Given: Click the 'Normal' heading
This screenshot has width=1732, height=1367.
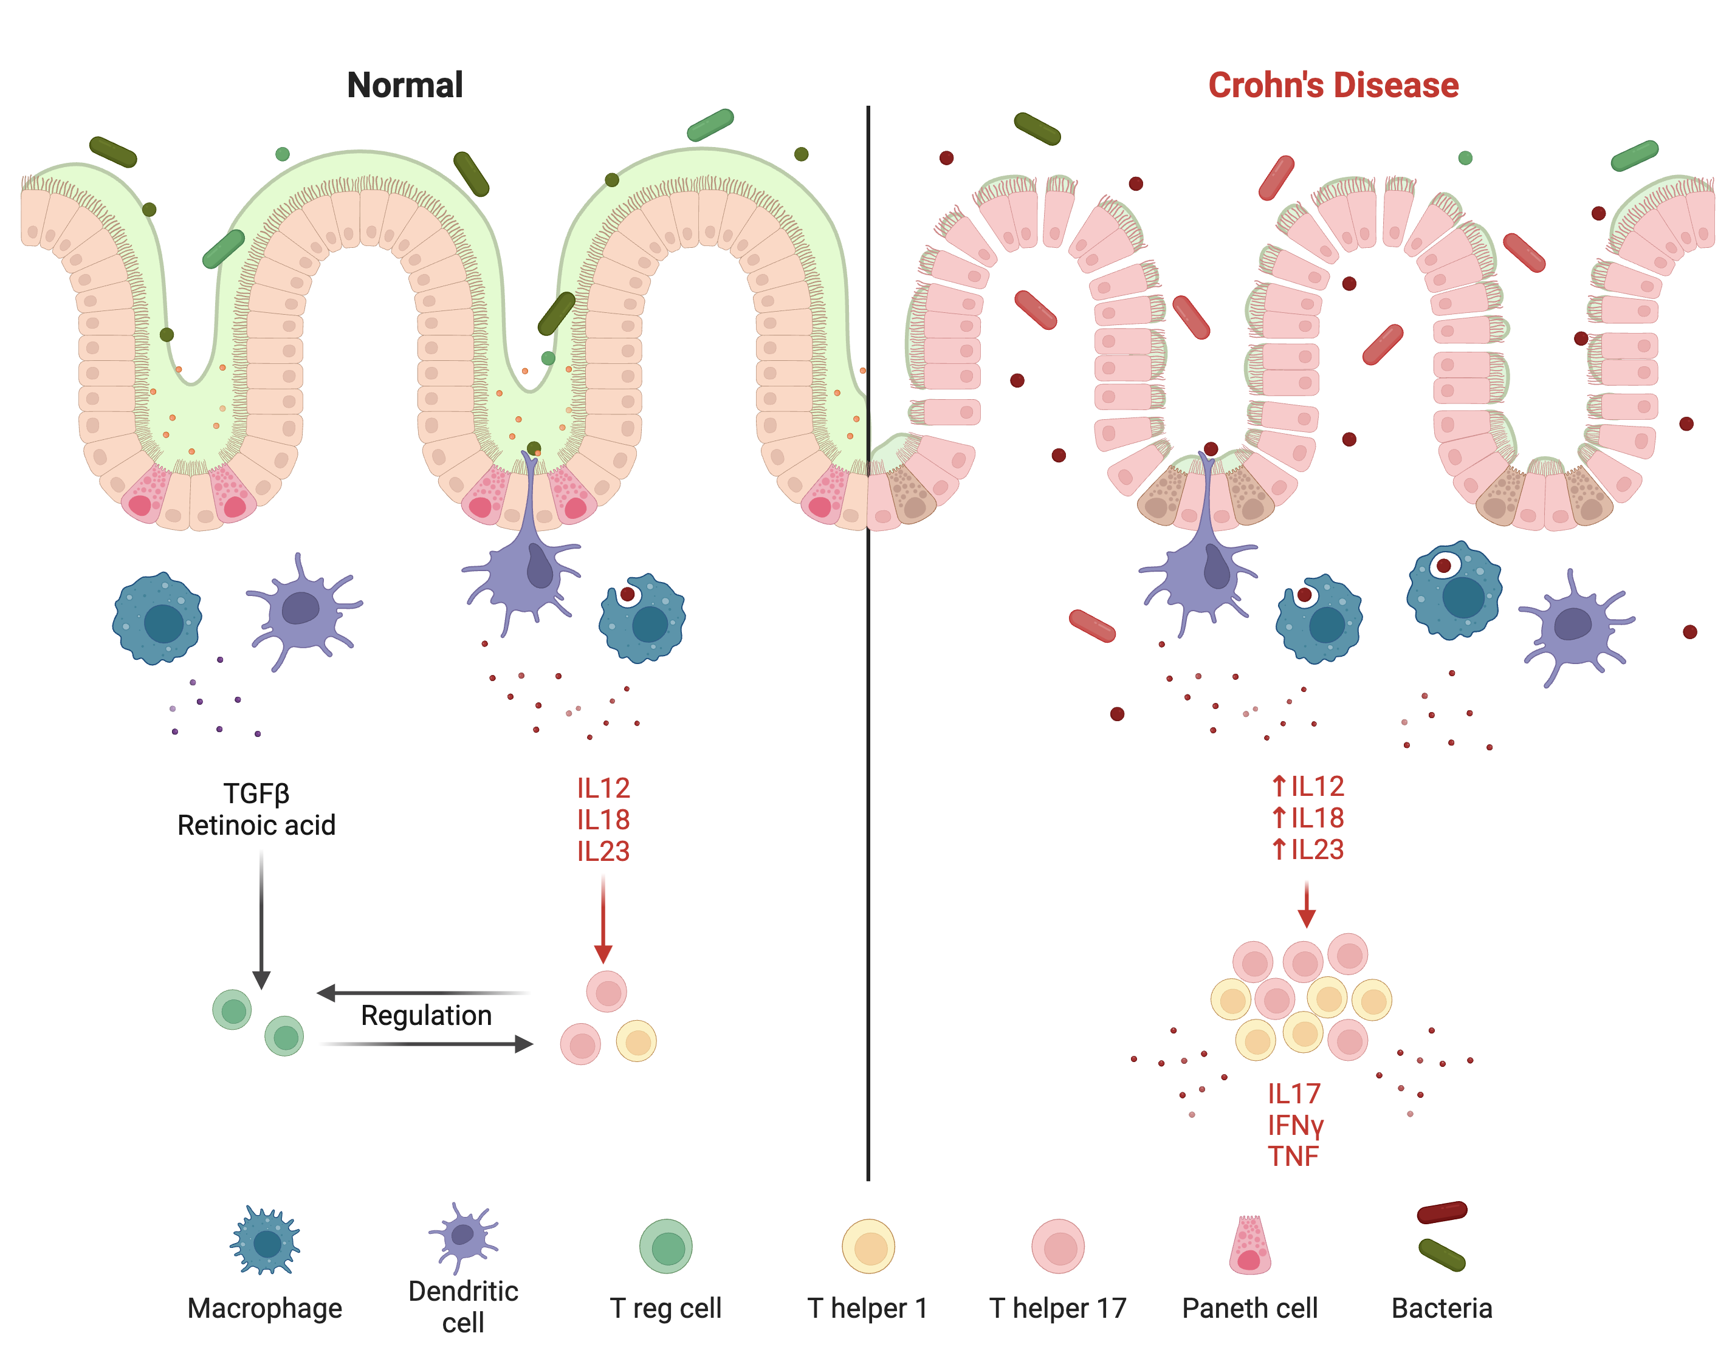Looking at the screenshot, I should pyautogui.click(x=404, y=85).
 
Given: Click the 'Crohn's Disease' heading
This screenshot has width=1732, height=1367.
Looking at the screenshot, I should pyautogui.click(x=1333, y=85).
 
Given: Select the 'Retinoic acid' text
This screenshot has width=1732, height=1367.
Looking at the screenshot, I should pyautogui.click(x=256, y=825).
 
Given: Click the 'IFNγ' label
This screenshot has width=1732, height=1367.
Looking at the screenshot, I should pyautogui.click(x=1295, y=1125).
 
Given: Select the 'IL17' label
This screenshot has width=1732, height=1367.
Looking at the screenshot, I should pyautogui.click(x=1293, y=1093).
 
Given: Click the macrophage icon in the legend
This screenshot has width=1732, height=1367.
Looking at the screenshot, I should pyautogui.click(x=265, y=1241).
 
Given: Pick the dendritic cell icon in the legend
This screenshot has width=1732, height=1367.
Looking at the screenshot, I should pyautogui.click(x=462, y=1236).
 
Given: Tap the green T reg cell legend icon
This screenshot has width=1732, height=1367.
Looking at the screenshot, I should pyautogui.click(x=665, y=1246).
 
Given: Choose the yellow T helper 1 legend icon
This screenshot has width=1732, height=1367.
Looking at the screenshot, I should pyautogui.click(x=868, y=1246).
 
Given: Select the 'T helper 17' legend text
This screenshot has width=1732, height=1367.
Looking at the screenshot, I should pyautogui.click(x=1057, y=1308).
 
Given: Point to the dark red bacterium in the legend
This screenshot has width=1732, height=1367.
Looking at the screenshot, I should pyautogui.click(x=1442, y=1213).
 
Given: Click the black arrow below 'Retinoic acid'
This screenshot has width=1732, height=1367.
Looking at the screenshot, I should pyautogui.click(x=261, y=920).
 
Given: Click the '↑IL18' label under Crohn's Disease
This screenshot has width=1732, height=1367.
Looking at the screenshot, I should pyautogui.click(x=1307, y=818).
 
